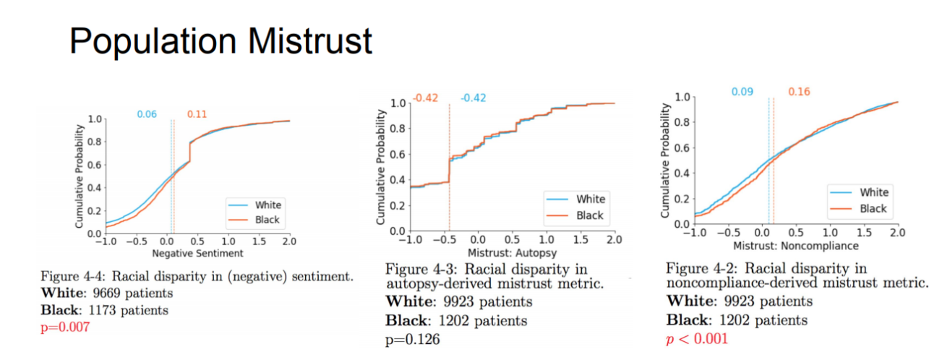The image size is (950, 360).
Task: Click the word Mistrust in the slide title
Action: pyautogui.click(x=304, y=41)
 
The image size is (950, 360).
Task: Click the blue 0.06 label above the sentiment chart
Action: pyautogui.click(x=147, y=114)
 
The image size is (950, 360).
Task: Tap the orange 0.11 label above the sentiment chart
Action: pyautogui.click(x=196, y=114)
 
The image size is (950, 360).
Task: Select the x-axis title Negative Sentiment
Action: pyautogui.click(x=197, y=254)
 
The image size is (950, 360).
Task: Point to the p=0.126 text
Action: pyautogui.click(x=413, y=338)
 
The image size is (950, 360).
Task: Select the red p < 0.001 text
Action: pyautogui.click(x=697, y=338)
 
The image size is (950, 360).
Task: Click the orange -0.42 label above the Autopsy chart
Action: pyautogui.click(x=426, y=98)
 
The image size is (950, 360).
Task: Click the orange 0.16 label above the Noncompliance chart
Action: pyautogui.click(x=799, y=92)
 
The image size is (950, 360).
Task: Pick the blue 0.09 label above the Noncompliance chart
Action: pyautogui.click(x=742, y=92)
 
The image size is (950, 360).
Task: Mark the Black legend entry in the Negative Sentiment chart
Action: pyautogui.click(x=265, y=220)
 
